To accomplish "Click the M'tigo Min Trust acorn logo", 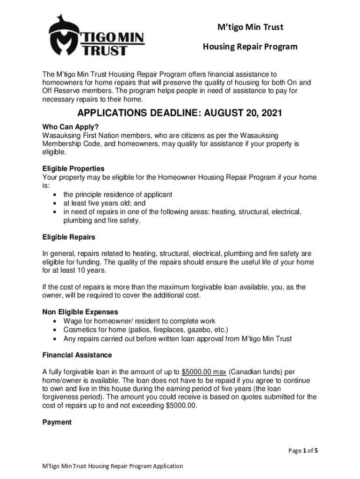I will (x=96, y=36).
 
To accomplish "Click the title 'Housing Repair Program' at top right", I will (x=250, y=46).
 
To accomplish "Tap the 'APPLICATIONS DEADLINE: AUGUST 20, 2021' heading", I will (x=180, y=114).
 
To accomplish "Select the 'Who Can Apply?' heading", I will (x=71, y=127).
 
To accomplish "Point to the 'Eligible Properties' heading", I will (x=73, y=168).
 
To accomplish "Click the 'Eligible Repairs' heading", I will (x=69, y=237).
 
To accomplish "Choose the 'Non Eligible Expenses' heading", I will (x=80, y=312).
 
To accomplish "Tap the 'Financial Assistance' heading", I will (x=77, y=355).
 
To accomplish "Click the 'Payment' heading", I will (x=57, y=422).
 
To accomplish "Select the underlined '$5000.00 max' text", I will (x=204, y=372).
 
